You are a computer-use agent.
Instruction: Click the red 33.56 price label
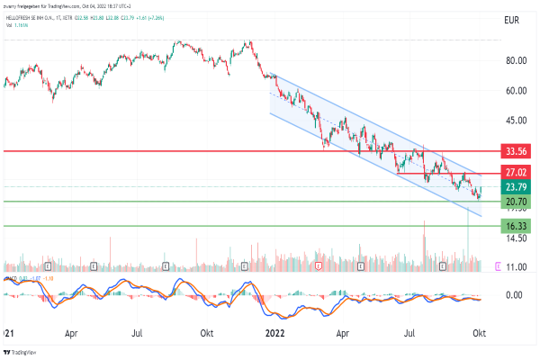516,151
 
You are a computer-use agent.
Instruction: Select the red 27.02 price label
516,172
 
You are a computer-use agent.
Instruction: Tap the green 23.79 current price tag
516,187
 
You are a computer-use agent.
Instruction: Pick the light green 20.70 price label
516,202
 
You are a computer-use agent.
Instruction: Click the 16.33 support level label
516,226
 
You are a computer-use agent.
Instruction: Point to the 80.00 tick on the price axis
516,61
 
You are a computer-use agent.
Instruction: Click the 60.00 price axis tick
516,91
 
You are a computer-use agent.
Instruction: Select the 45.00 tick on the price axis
516,120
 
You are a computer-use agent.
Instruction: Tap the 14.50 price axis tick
516,238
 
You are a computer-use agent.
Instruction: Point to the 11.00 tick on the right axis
516,267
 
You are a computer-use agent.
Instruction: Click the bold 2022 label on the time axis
274,333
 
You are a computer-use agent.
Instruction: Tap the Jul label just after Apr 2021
138,333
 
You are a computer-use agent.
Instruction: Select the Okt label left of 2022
206,333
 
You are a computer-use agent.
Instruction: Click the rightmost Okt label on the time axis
480,333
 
